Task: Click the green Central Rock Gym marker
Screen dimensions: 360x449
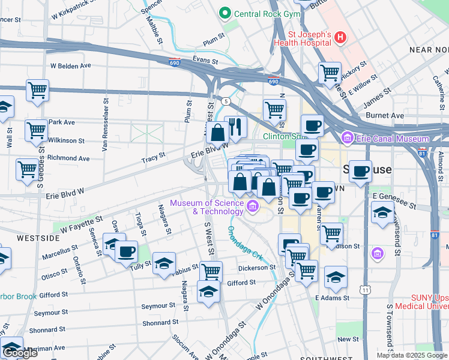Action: pos(226,12)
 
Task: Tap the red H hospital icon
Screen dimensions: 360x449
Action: pos(340,38)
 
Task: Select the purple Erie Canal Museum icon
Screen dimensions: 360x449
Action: pos(347,139)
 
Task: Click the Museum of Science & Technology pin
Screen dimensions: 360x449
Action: pos(253,207)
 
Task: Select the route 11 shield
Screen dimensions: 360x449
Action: pos(365,290)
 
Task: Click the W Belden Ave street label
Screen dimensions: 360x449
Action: pos(70,65)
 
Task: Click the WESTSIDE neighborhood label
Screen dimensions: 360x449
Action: pos(38,238)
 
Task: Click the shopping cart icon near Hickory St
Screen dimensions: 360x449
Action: pos(330,73)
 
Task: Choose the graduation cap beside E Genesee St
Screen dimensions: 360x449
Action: pos(382,213)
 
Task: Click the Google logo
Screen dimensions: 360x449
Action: pos(20,353)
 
